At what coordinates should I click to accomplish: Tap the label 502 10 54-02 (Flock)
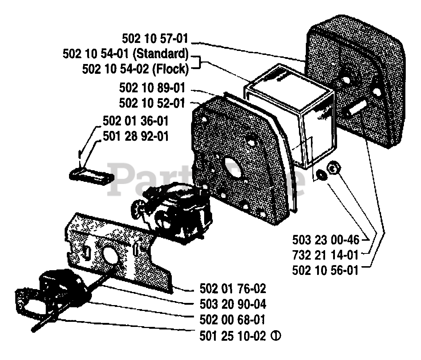(x=135, y=69)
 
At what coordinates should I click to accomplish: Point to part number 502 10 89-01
(x=152, y=88)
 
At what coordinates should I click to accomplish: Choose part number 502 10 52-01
(x=152, y=103)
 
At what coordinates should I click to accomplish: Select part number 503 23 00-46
(x=325, y=240)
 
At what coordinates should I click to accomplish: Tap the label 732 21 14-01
(x=325, y=255)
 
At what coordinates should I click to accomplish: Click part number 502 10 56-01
(x=325, y=271)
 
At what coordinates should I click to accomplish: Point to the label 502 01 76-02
(x=233, y=289)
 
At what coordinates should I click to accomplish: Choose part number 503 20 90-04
(x=233, y=304)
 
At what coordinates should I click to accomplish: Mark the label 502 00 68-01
(x=233, y=320)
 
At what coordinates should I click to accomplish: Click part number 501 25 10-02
(x=233, y=336)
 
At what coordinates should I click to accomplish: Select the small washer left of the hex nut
(x=321, y=174)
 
